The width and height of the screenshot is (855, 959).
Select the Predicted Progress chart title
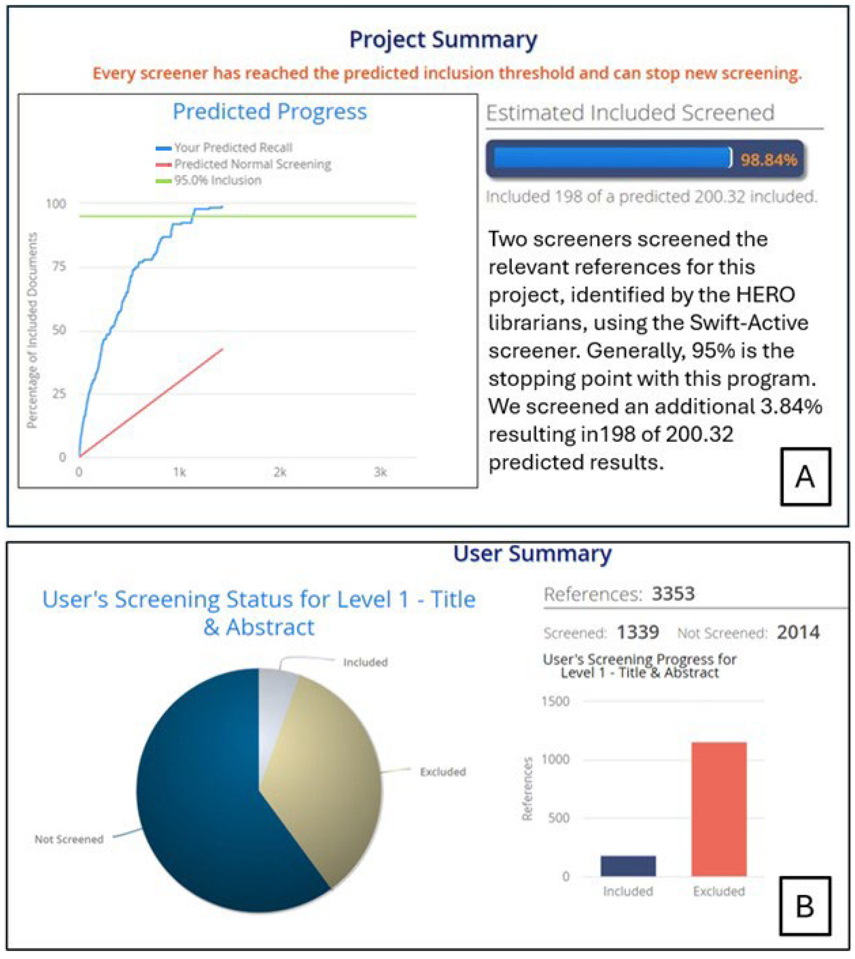coord(270,111)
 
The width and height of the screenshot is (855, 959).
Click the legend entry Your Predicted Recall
coord(233,148)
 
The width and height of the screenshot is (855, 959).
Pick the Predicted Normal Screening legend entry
coord(252,164)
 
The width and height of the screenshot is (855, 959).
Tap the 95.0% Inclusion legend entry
coord(218,180)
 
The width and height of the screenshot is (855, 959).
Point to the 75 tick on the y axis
coord(59,266)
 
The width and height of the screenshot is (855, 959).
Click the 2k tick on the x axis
coord(280,472)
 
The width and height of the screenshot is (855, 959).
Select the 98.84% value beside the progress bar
coord(769,160)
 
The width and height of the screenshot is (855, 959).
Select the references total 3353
coord(673,594)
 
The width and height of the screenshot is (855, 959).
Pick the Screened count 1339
coord(637,632)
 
